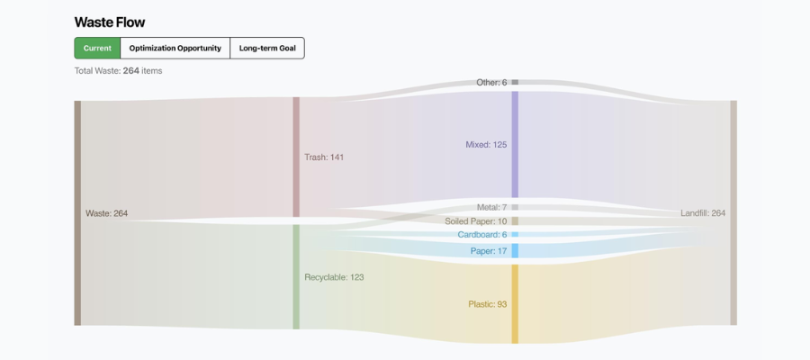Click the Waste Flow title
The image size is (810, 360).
click(x=109, y=22)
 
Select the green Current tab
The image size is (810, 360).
click(x=97, y=48)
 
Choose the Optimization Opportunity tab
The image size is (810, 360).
click(x=175, y=48)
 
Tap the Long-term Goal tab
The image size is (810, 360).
click(x=267, y=48)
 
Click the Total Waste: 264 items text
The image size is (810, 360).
click(x=118, y=70)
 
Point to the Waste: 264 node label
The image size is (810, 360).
click(x=106, y=213)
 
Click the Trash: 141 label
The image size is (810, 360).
click(x=324, y=157)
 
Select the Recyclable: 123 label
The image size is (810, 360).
click(x=334, y=277)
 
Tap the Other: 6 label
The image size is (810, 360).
click(x=491, y=83)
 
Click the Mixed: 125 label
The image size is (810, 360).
click(x=486, y=144)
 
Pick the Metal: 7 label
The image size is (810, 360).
click(x=492, y=207)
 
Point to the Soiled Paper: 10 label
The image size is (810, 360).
click(x=476, y=221)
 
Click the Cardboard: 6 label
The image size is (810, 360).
click(x=482, y=235)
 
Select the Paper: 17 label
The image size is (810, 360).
click(x=489, y=251)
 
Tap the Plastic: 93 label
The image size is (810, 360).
click(x=487, y=304)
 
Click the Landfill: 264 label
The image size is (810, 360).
click(x=703, y=213)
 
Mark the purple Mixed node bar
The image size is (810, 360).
click(x=515, y=144)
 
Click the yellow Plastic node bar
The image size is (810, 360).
click(x=515, y=303)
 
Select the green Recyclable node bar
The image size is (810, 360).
click(x=296, y=276)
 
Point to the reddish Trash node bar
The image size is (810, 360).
click(x=296, y=157)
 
